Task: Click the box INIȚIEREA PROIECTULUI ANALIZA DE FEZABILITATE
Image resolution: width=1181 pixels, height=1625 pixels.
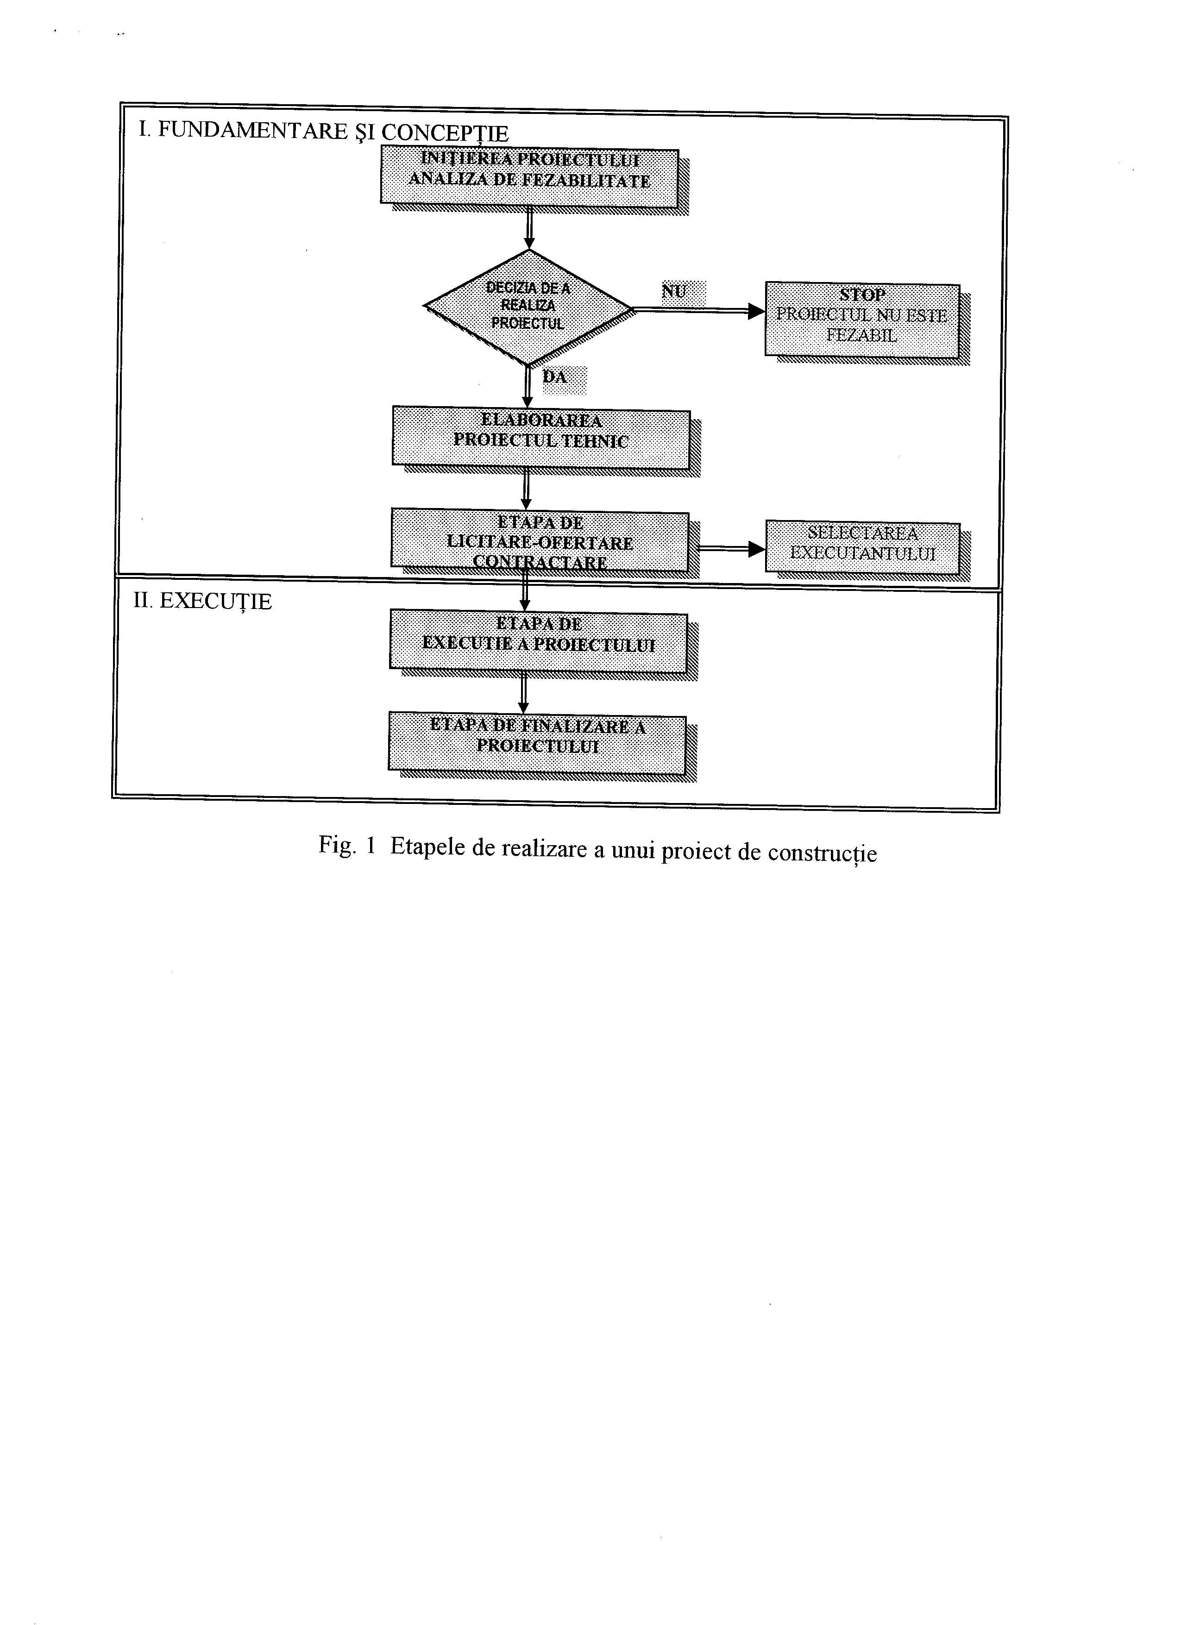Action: point(529,176)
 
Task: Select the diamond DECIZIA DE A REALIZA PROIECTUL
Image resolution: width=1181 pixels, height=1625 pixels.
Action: point(528,307)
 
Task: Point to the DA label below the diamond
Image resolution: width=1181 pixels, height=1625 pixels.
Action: point(555,377)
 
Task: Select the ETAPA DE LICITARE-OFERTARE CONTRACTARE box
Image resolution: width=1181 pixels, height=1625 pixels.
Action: point(540,541)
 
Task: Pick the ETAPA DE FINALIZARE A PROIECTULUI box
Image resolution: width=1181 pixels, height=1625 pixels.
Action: point(537,742)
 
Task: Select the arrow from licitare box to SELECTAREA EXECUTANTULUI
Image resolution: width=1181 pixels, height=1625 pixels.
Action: point(728,549)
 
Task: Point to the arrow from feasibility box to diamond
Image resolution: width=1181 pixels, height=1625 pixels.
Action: point(529,228)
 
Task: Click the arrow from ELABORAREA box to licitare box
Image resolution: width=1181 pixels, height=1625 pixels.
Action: point(527,489)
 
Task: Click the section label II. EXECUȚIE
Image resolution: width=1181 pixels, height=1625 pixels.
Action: point(203,601)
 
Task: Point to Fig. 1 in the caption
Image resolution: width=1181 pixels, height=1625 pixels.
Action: point(347,846)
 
